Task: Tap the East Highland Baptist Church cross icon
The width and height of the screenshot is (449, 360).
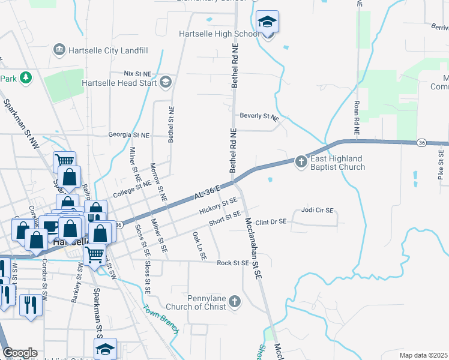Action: click(301, 160)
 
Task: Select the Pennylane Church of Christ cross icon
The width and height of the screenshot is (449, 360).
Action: click(235, 301)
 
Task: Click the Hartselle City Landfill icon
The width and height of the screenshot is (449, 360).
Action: click(59, 49)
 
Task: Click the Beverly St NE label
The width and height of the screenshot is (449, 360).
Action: click(259, 116)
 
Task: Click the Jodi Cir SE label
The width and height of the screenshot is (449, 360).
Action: click(317, 211)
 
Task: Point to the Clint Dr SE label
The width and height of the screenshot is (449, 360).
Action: click(271, 221)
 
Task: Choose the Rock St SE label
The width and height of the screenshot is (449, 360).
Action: click(233, 263)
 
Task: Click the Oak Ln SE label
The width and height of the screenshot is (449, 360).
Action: click(199, 245)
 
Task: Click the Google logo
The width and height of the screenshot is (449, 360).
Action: click(20, 353)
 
